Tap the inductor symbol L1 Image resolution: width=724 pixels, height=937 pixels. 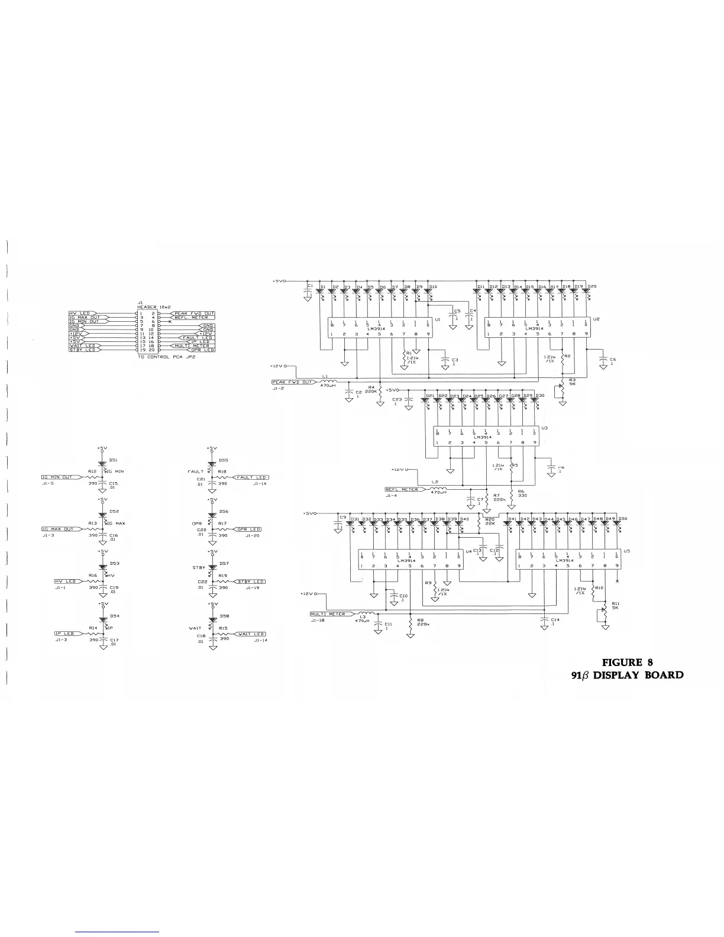click(328, 381)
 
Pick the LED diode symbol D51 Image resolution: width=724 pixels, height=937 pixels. click(104, 461)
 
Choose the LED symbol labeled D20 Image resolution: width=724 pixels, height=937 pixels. click(586, 292)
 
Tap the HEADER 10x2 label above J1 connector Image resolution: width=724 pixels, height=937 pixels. click(154, 307)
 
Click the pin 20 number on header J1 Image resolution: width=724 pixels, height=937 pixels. click(152, 350)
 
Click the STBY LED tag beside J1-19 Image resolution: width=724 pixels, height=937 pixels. click(251, 581)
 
